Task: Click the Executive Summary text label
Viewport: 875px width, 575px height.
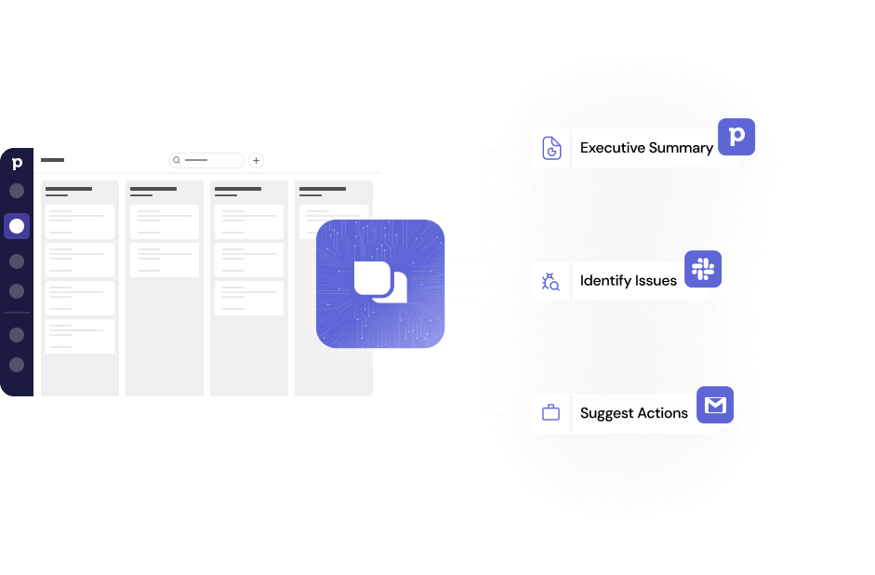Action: (x=646, y=148)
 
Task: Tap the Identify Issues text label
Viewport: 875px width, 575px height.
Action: (x=629, y=280)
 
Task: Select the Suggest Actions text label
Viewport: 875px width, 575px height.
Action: (x=634, y=413)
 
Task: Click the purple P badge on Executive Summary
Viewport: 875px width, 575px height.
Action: (x=736, y=137)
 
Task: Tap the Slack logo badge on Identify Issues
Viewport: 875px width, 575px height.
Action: (x=703, y=269)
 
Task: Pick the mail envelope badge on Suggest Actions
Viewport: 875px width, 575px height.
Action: (x=715, y=405)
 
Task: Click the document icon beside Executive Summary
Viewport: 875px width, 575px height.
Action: (x=551, y=148)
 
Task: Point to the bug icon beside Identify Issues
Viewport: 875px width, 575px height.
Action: (x=550, y=281)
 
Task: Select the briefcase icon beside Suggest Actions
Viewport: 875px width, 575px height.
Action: (x=550, y=413)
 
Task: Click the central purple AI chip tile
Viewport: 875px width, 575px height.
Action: (x=380, y=284)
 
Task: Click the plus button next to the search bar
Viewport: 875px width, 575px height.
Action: (x=257, y=160)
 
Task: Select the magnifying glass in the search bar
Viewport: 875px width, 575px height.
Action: (x=177, y=160)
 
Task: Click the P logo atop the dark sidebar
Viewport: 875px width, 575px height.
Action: (x=17, y=165)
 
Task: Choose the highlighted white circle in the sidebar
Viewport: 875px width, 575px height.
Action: (x=17, y=226)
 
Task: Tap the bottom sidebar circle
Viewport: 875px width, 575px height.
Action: (x=17, y=365)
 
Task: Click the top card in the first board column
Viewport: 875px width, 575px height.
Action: (x=80, y=221)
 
